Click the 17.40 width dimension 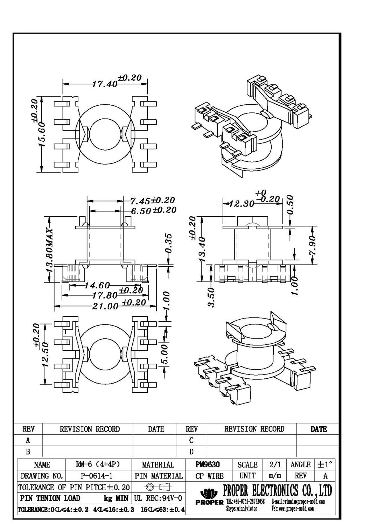104,84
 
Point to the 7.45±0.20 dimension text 152,201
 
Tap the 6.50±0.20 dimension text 153,211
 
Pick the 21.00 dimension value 105,306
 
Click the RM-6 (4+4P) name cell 98,464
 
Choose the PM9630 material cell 208,464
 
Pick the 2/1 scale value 275,464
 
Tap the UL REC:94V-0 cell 158,498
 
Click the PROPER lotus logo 209,494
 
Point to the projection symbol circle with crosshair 149,487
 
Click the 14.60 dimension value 97,286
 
